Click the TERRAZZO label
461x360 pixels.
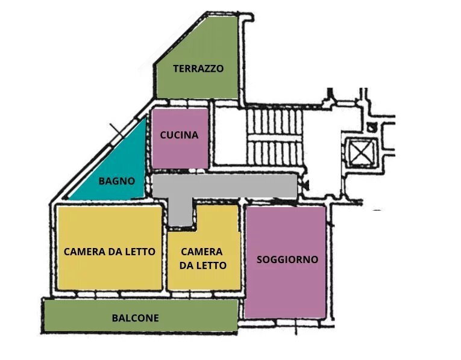(198, 69)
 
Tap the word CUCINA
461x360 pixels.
(179, 135)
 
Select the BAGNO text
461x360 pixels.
(116, 180)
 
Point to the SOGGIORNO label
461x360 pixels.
(287, 259)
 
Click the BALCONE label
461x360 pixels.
(136, 318)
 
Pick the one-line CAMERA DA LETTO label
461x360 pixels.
(109, 252)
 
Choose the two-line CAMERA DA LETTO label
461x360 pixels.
(202, 258)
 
